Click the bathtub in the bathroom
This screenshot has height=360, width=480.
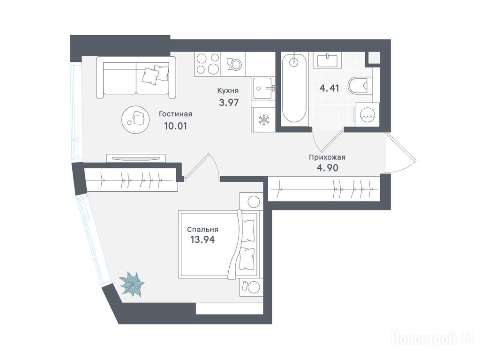pyautogui.click(x=294, y=89)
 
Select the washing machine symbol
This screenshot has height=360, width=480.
pyautogui.click(x=367, y=115)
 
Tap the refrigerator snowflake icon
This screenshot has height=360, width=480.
pyautogui.click(x=263, y=120)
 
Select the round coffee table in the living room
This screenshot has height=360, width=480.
pyautogui.click(x=135, y=119)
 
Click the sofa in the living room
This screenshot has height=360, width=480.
pyautogui.click(x=136, y=77)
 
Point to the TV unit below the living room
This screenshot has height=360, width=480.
pyautogui.click(x=136, y=158)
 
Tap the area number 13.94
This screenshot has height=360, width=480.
pyautogui.click(x=202, y=240)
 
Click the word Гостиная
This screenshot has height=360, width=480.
pyautogui.click(x=175, y=114)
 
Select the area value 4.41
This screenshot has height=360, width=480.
pyautogui.click(x=329, y=89)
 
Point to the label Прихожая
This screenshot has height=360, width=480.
pyautogui.click(x=327, y=157)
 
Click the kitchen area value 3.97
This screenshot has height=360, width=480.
pyautogui.click(x=229, y=102)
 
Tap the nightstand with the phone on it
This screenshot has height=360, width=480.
pyautogui.click(x=251, y=287)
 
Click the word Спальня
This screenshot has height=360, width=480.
pyautogui.click(x=202, y=230)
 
